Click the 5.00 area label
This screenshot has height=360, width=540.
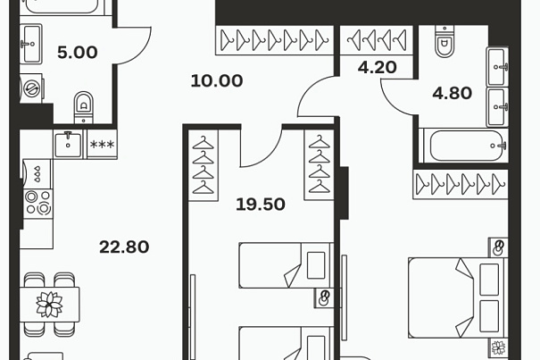pos(78,53)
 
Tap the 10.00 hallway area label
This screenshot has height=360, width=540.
pos(217,81)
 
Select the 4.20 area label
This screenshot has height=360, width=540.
pos(377,67)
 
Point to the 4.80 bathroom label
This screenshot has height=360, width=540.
pos(453,93)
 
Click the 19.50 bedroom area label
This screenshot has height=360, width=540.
pos(261,205)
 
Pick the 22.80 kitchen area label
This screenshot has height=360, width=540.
pos(124,247)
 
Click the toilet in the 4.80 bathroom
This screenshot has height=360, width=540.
pos(444,41)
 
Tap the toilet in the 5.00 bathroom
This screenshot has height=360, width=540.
pos(84,107)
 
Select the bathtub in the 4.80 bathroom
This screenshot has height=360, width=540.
pos(466,146)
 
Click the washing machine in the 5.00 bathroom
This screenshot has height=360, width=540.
pos(31,88)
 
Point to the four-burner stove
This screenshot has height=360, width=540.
pos(38,204)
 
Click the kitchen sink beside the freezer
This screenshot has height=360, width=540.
pos(68,144)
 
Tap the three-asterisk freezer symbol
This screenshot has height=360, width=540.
pos(102,144)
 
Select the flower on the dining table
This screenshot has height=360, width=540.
pos(50,305)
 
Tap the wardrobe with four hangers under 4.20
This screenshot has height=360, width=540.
pos(377,40)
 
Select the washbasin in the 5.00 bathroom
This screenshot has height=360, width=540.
pos(31,44)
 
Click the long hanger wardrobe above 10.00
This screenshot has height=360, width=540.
pos(275,40)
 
